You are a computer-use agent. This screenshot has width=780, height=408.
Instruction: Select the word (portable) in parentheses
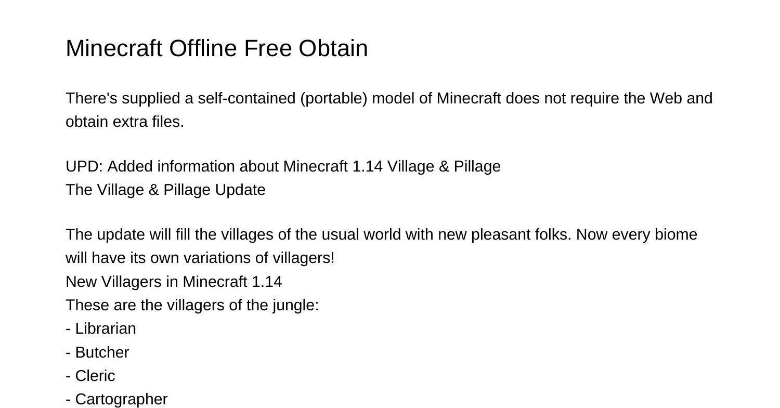pos(334,98)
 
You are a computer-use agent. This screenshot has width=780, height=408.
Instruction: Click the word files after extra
pos(168,122)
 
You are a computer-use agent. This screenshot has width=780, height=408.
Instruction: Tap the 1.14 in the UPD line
pos(367,166)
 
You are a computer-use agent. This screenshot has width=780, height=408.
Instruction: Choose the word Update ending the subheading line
pos(240,190)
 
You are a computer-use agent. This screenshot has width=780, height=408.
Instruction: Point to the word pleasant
pos(501,234)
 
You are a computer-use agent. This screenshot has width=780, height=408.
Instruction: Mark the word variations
pos(218,258)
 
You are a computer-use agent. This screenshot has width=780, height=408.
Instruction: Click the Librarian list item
pos(106,328)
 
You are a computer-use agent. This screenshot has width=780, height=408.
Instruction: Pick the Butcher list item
pos(102,352)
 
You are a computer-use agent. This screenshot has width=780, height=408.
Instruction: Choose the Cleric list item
pos(95,376)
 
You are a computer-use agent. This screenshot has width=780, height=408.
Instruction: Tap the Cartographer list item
pos(121,399)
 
